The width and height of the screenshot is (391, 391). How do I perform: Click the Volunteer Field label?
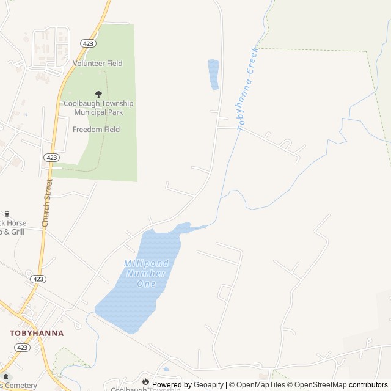coord(98,64)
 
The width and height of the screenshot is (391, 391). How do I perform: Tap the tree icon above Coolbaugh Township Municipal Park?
coord(98,94)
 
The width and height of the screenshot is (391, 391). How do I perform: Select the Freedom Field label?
coord(96,130)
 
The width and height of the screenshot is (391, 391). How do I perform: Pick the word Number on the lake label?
coord(146,274)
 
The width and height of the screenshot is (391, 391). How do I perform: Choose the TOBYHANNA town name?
coord(37,333)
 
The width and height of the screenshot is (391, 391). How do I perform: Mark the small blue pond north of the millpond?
coord(214,74)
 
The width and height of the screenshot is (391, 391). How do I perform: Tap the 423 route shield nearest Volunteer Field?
coord(88,43)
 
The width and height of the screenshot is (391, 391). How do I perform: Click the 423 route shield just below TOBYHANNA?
coord(23,348)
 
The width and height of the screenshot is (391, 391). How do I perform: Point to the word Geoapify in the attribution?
coord(209,385)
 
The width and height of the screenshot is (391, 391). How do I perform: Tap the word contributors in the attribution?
coord(368,385)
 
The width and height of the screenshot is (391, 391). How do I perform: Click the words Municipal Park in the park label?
coord(98,112)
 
